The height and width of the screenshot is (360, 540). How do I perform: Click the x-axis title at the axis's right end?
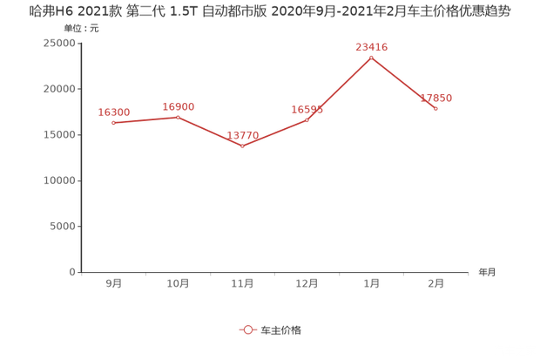pos(486,272)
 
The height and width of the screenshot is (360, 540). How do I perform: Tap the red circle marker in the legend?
pos(248,330)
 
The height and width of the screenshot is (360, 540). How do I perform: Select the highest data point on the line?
pos(371,58)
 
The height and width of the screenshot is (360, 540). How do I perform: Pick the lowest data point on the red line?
pos(243,146)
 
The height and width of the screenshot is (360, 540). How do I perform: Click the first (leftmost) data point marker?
pos(114,123)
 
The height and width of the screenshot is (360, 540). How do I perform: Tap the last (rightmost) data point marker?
pos(435,109)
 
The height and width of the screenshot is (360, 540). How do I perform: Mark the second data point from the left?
pos(179,116)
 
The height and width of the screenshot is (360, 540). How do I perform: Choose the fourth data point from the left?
pos(307,119)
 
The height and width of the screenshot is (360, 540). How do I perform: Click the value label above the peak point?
pos(371,45)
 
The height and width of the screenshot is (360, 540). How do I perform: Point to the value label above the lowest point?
pos(243,135)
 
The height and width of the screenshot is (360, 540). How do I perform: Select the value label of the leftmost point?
pos(114,112)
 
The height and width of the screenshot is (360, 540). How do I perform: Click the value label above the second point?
pos(179,105)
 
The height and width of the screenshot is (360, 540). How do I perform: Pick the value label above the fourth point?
pos(307,108)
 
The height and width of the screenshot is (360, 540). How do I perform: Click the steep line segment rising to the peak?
pos(340,88)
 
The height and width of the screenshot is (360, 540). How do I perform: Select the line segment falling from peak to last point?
pos(403,84)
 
